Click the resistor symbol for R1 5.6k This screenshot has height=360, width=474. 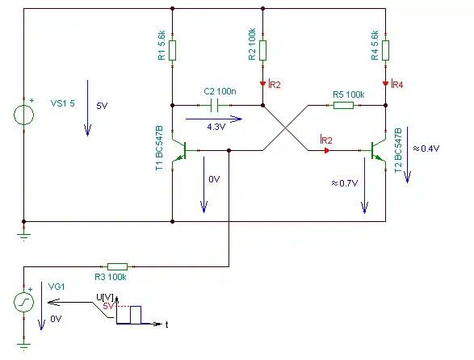coord(172,51)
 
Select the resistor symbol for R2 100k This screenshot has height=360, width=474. coord(262,51)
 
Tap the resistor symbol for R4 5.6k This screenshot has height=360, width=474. coord(385,51)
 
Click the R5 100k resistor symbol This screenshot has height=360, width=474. coord(343,105)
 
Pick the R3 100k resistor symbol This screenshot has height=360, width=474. coord(118,266)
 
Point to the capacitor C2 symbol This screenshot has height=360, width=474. coord(214,106)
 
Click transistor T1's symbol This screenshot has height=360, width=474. coord(179,150)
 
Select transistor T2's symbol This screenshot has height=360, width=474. coord(379,150)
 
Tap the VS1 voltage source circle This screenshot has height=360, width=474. coord(24,115)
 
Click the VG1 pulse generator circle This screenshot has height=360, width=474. coord(24,302)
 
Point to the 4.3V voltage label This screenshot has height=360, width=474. coord(216,127)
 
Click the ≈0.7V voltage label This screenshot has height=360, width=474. coord(345,183)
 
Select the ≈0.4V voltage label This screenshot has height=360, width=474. coord(426,149)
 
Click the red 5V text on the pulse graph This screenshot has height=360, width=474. coord(108,306)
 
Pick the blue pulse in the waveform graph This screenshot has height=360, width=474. coord(136,315)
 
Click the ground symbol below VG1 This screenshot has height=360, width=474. coord(24,346)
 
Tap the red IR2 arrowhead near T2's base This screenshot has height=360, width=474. coord(326,150)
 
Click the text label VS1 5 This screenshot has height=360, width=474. coord(62,103)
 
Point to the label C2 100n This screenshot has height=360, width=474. coord(220,91)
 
